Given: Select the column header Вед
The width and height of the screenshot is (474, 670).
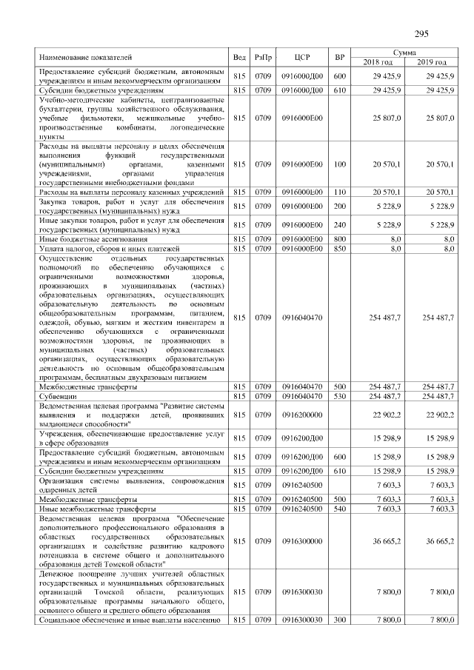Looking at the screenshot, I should tap(239, 57).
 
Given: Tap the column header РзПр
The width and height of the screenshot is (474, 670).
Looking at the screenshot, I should tap(263, 57).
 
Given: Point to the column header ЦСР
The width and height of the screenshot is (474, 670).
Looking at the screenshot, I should tap(301, 57).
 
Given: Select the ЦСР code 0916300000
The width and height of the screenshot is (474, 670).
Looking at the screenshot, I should tap(301, 541).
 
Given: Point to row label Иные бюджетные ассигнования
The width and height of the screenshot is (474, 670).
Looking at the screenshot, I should tap(87, 239).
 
